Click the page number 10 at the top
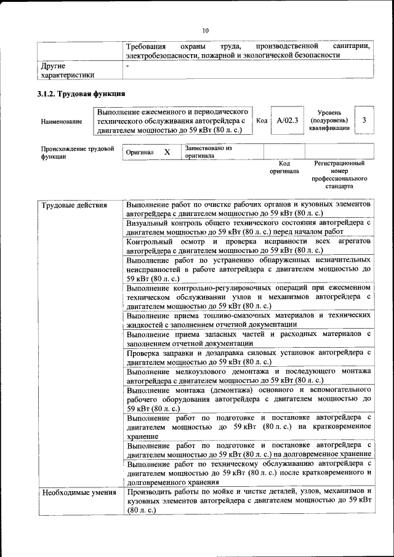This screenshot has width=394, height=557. pyautogui.click(x=206, y=30)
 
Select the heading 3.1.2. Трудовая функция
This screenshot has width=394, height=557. pyautogui.click(x=80, y=94)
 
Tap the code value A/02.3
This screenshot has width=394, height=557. pyautogui.click(x=287, y=121)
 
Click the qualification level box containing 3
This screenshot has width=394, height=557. pyautogui.click(x=364, y=120)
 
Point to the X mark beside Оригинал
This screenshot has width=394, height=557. pyautogui.click(x=166, y=151)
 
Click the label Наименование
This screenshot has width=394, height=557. pyautogui.click(x=62, y=121)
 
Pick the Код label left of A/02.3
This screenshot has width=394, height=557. pyautogui.click(x=261, y=121)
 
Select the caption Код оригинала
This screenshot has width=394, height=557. pyautogui.click(x=284, y=167)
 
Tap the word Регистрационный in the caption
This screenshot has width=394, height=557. pyautogui.click(x=339, y=164)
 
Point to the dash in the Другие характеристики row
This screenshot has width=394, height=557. pyautogui.click(x=127, y=65)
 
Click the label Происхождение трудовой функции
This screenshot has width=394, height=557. pyautogui.click(x=77, y=152)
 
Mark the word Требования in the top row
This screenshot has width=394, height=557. pyautogui.click(x=146, y=46)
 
